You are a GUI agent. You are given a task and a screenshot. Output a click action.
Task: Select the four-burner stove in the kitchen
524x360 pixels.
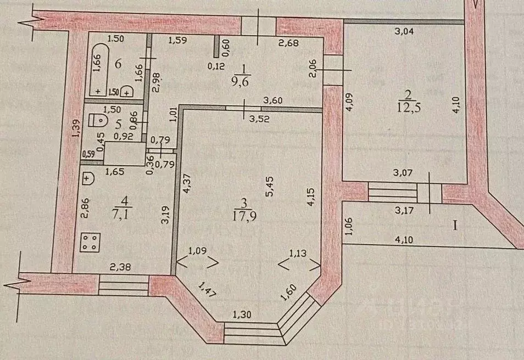(91, 242)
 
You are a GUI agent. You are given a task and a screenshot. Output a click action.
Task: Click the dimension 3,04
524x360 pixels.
(404, 31)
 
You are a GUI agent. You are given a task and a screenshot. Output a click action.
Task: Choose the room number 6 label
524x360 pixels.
(118, 63)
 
